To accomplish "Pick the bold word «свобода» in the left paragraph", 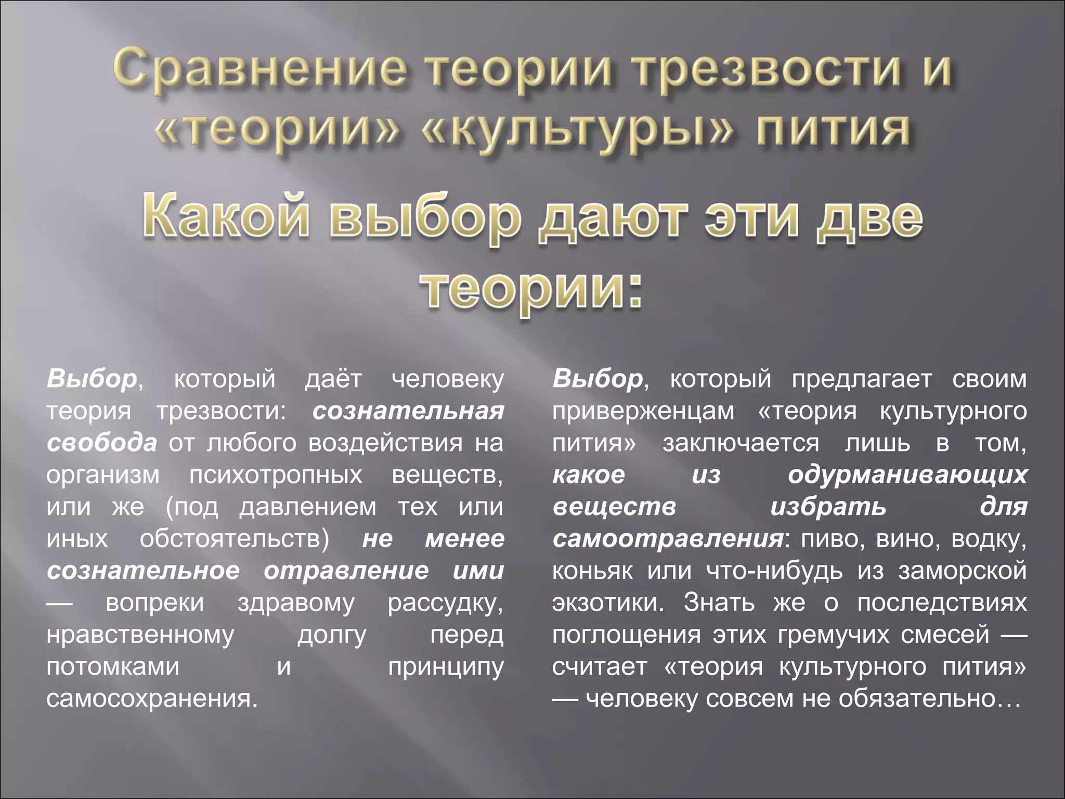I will point(102,443).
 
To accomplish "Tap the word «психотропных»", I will point(276,475).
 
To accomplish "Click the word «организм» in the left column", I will point(102,475).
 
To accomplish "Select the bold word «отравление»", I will point(346,571).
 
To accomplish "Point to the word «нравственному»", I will point(140,635).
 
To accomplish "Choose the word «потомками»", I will point(113,666).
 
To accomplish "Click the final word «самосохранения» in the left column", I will point(151,699).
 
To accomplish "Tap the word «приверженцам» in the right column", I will point(643,411).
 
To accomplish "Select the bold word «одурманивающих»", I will point(907,475).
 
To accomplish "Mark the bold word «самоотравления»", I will point(668,539).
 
